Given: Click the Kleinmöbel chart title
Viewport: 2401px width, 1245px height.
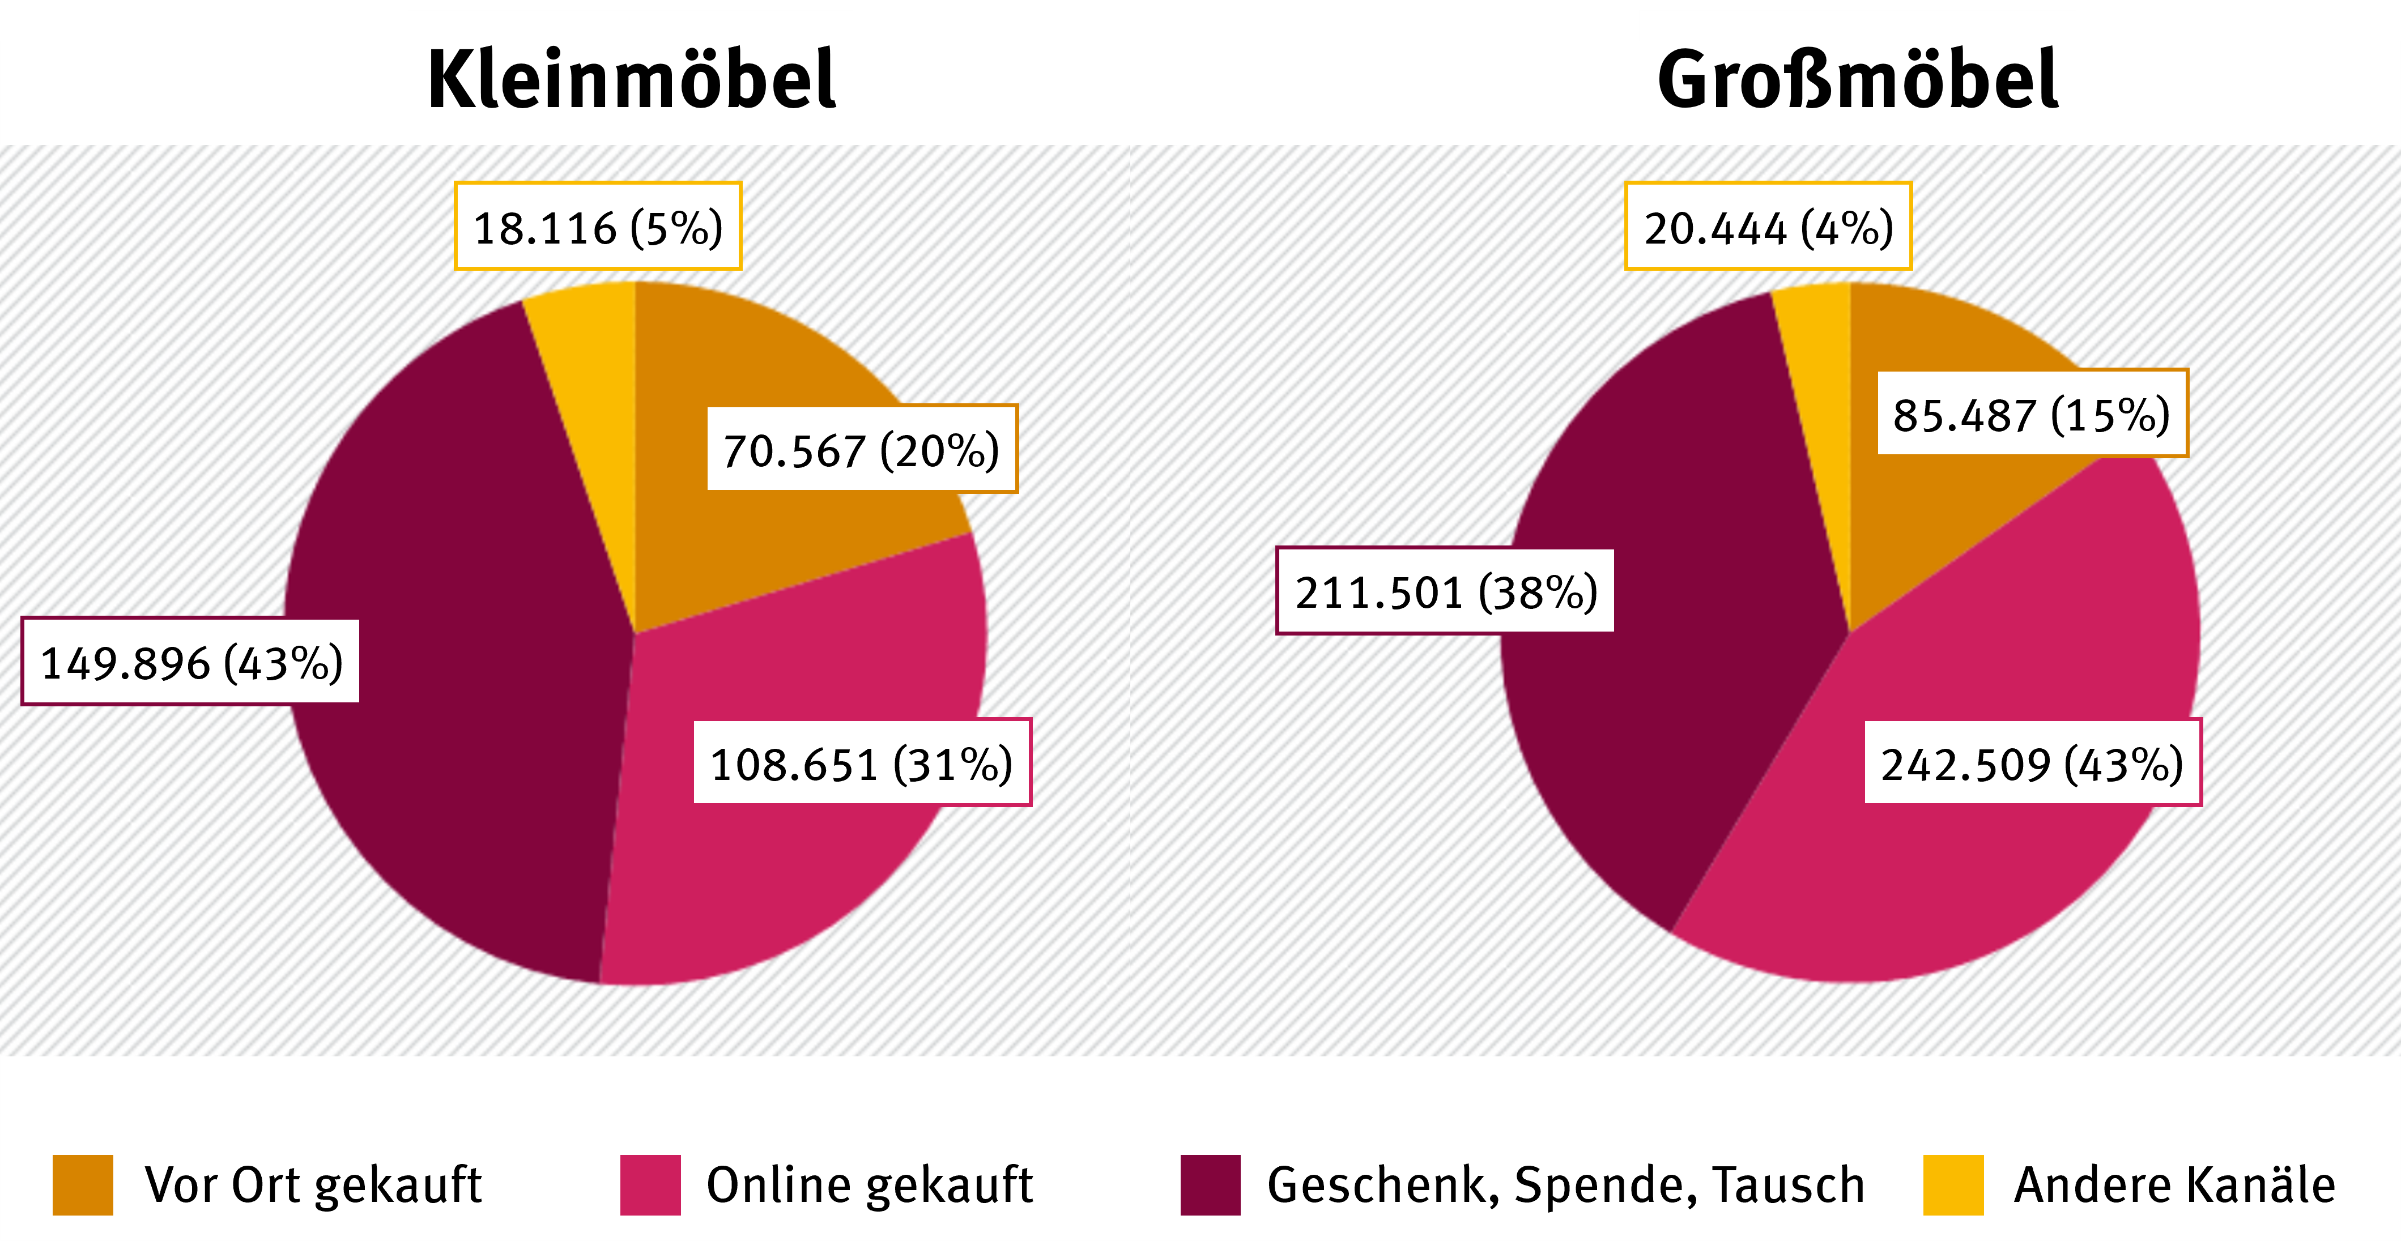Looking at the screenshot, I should pyautogui.click(x=631, y=80).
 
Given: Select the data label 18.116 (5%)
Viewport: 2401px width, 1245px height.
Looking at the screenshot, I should pyautogui.click(x=598, y=227).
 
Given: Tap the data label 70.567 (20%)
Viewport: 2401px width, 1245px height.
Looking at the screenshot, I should pyautogui.click(x=861, y=449).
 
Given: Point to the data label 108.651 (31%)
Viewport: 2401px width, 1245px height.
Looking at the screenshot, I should pyautogui.click(x=861, y=762).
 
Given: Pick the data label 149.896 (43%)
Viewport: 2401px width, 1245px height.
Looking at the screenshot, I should pyautogui.click(x=191, y=662).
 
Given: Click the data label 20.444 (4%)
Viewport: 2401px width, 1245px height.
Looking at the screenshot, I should pyautogui.click(x=1768, y=227).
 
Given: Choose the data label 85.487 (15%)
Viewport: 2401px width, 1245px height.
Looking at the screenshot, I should pyautogui.click(x=2031, y=413).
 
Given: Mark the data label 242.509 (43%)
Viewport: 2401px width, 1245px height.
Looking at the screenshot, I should pyautogui.click(x=2032, y=762).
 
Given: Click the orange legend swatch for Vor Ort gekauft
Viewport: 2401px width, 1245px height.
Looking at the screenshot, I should pyautogui.click(x=83, y=1184).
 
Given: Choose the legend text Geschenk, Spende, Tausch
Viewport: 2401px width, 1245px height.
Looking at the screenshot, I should pyautogui.click(x=1566, y=1184).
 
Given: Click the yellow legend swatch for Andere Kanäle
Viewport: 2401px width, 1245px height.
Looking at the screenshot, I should pyautogui.click(x=1953, y=1184).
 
